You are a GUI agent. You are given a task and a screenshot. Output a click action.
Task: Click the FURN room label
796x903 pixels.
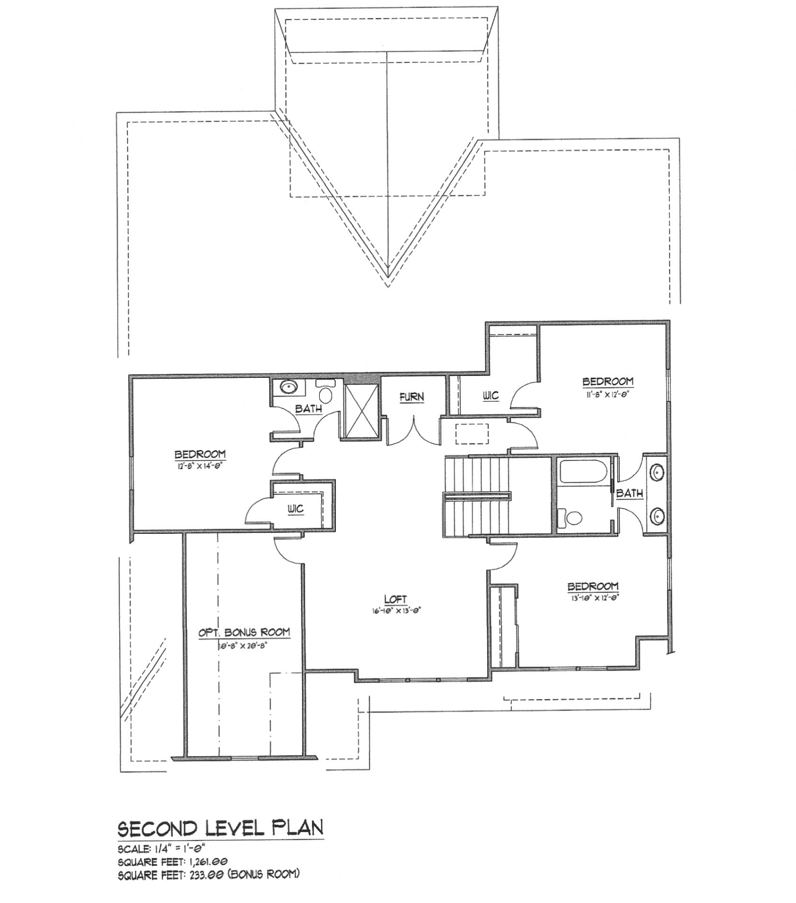[412, 397]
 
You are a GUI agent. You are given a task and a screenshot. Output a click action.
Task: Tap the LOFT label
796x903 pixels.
[395, 599]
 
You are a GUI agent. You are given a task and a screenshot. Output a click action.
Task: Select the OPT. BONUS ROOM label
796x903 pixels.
[244, 632]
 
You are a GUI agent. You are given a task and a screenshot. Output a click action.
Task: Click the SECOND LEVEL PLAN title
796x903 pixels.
[220, 828]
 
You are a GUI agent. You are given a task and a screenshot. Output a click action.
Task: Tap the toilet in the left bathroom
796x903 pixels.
[325, 392]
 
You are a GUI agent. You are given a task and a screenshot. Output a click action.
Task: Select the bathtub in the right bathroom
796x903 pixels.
[582, 472]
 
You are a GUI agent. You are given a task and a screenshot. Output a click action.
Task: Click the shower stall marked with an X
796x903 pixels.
[361, 410]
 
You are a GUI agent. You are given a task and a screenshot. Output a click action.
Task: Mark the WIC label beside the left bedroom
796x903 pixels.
[295, 509]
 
